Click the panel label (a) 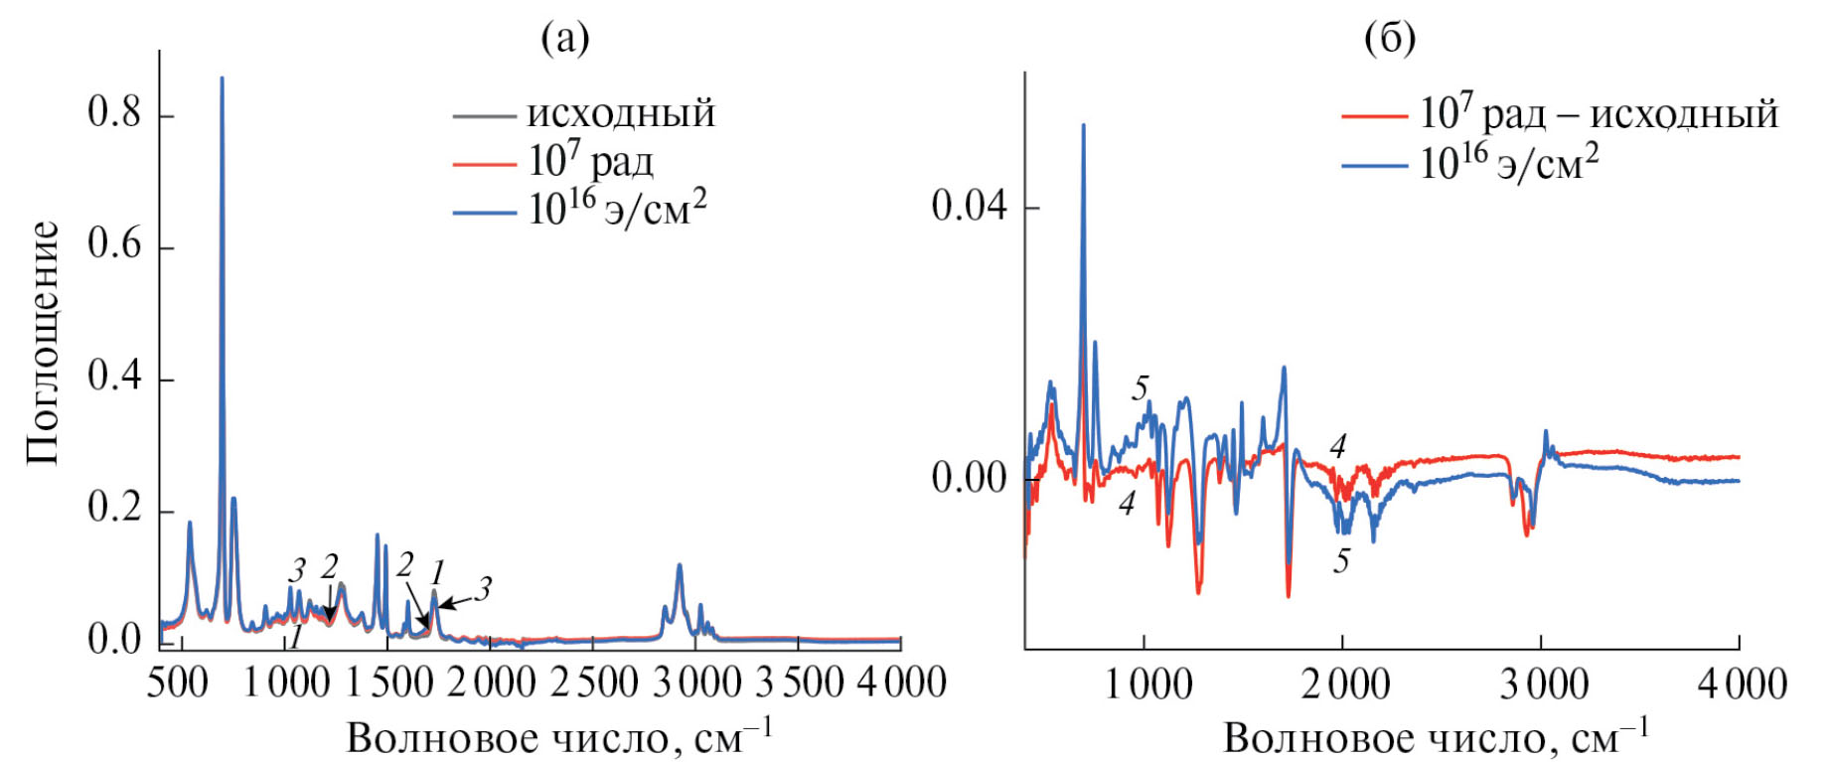(564, 38)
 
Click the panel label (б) (1390, 38)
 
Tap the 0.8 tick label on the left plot (114, 112)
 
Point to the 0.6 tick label (114, 244)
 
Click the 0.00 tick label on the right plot (969, 478)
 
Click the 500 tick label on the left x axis (178, 683)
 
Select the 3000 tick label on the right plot (1543, 685)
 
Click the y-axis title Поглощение (44, 343)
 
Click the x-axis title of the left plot (558, 738)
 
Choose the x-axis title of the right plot (1435, 738)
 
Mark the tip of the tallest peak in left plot (222, 78)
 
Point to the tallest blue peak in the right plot (1083, 125)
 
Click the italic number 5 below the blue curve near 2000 (1341, 561)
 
